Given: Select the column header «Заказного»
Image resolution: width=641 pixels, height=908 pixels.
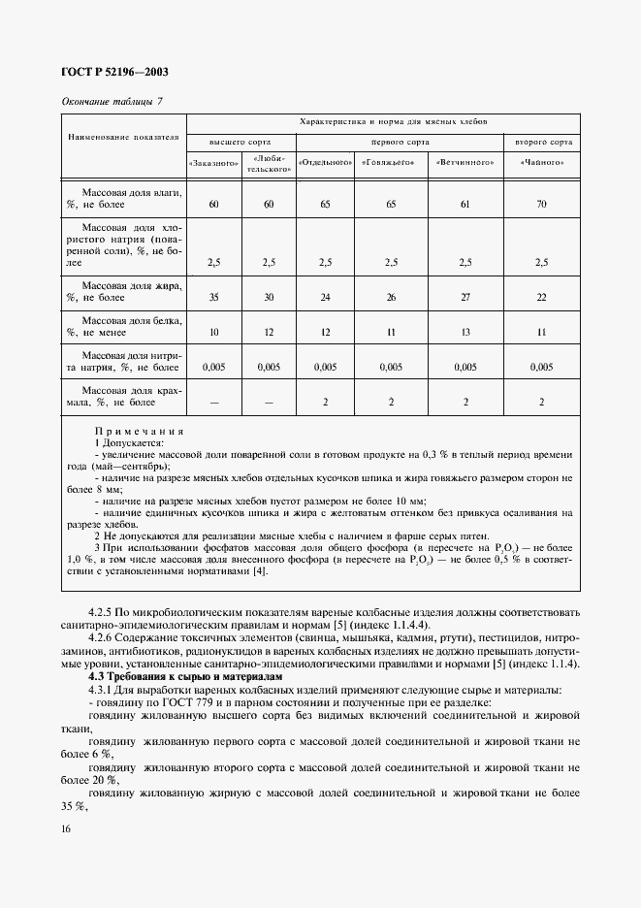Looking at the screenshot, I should click(213, 163).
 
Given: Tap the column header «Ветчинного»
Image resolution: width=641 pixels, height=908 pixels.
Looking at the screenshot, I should click(465, 163).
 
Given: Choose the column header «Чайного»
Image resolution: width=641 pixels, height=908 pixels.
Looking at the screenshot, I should click(542, 163).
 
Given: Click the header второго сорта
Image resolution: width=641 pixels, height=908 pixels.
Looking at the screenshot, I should click(543, 142).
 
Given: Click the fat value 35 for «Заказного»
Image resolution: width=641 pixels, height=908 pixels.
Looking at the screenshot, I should click(213, 299).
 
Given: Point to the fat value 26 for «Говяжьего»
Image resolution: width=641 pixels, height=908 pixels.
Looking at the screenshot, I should click(391, 299).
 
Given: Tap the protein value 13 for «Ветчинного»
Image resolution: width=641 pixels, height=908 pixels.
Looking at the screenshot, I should click(465, 332).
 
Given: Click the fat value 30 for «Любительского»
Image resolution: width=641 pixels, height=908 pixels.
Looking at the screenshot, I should click(269, 299).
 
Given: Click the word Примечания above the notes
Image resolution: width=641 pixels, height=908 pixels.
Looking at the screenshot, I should click(140, 430).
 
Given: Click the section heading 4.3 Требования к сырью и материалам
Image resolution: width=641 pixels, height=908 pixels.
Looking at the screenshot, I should click(184, 676).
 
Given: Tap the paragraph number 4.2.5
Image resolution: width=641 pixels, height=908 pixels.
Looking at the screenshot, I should click(102, 613).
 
